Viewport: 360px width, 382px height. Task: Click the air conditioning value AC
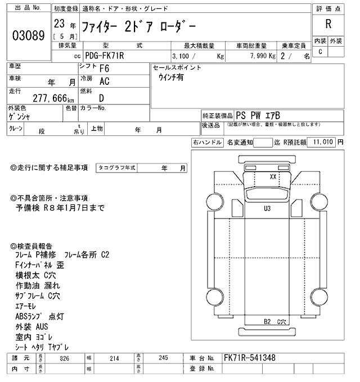104,81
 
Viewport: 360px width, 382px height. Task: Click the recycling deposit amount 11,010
325,143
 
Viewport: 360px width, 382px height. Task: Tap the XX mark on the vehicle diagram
273,176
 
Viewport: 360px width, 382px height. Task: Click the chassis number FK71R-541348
249,358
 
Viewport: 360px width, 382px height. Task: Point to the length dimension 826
65,358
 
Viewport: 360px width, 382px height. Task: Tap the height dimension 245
163,358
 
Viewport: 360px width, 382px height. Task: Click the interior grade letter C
320,52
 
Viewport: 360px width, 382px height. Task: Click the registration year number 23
58,25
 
